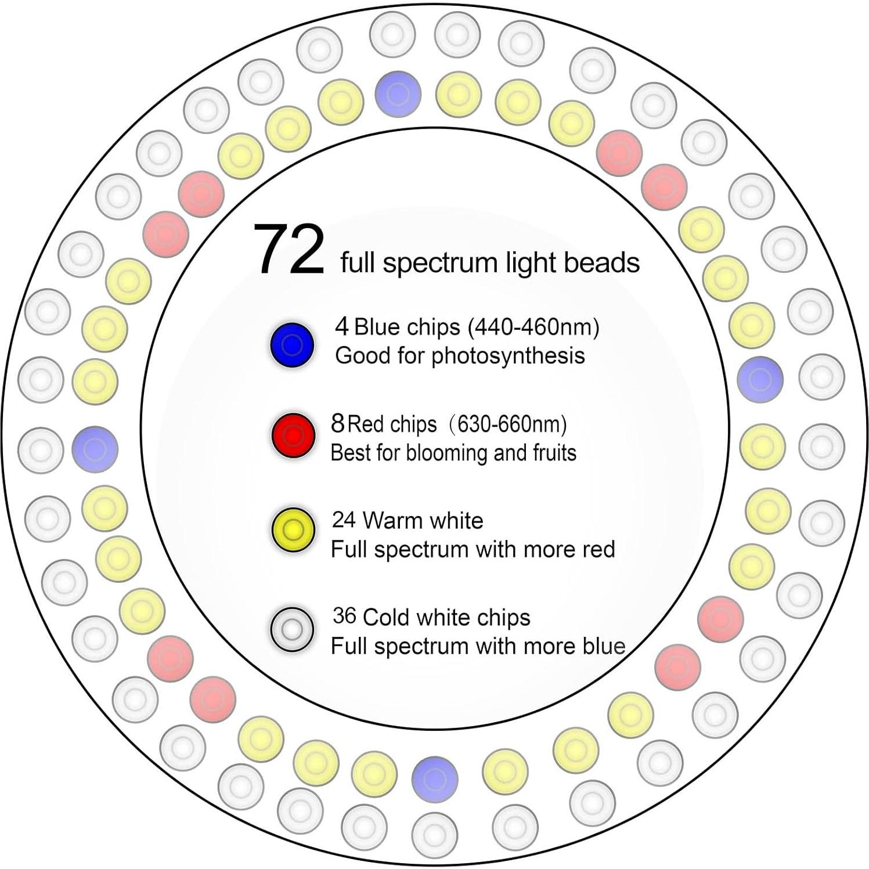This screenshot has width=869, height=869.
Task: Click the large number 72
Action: coord(289,250)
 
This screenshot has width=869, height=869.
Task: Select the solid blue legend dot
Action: coord(293,345)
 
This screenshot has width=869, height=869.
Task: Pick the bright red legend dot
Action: coord(293,436)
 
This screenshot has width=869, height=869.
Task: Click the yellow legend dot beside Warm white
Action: coord(293,530)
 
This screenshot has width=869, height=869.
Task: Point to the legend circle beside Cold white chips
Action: coord(292,629)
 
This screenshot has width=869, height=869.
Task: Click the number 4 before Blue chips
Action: coord(342,327)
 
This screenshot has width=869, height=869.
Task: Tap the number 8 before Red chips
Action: coord(338,423)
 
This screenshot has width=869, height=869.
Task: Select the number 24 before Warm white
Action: coord(344,520)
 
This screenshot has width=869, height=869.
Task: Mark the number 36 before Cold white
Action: coord(344,616)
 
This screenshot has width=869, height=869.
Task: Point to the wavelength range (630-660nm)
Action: coord(509,424)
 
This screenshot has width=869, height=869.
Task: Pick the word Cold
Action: coord(387,617)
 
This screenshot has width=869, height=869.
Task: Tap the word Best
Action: coord(351,453)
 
